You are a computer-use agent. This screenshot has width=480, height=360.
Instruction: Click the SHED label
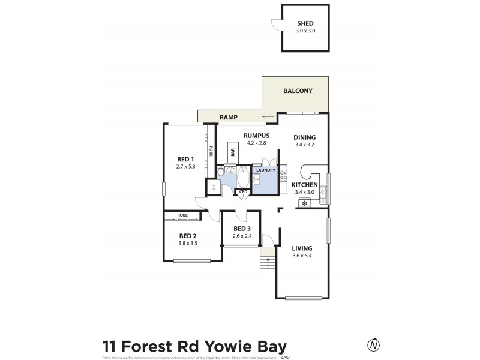click(x=305, y=23)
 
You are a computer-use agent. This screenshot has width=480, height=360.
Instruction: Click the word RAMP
click(x=229, y=118)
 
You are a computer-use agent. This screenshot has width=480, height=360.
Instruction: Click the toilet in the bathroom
click(x=221, y=173)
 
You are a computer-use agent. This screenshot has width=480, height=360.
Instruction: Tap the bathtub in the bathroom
click(x=244, y=178)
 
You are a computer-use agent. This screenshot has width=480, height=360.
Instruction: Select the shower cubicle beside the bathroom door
click(x=213, y=187)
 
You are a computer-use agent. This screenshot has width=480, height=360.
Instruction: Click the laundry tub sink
click(x=257, y=179)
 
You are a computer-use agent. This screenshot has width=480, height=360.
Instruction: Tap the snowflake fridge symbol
click(x=304, y=203)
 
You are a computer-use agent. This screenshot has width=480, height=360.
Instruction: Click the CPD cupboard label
click(x=243, y=192)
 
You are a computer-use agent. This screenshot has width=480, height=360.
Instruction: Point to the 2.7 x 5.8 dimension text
click(x=185, y=166)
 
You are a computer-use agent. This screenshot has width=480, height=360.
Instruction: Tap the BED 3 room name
click(x=242, y=229)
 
